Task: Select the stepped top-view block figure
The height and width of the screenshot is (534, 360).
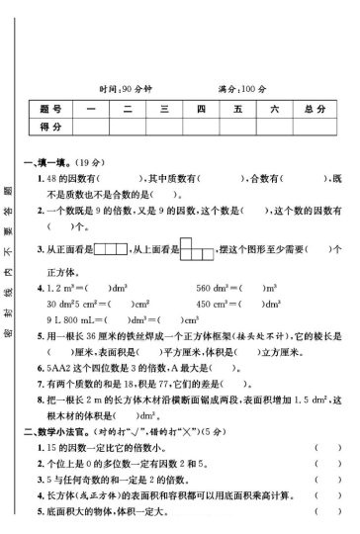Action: [x=193, y=246]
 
